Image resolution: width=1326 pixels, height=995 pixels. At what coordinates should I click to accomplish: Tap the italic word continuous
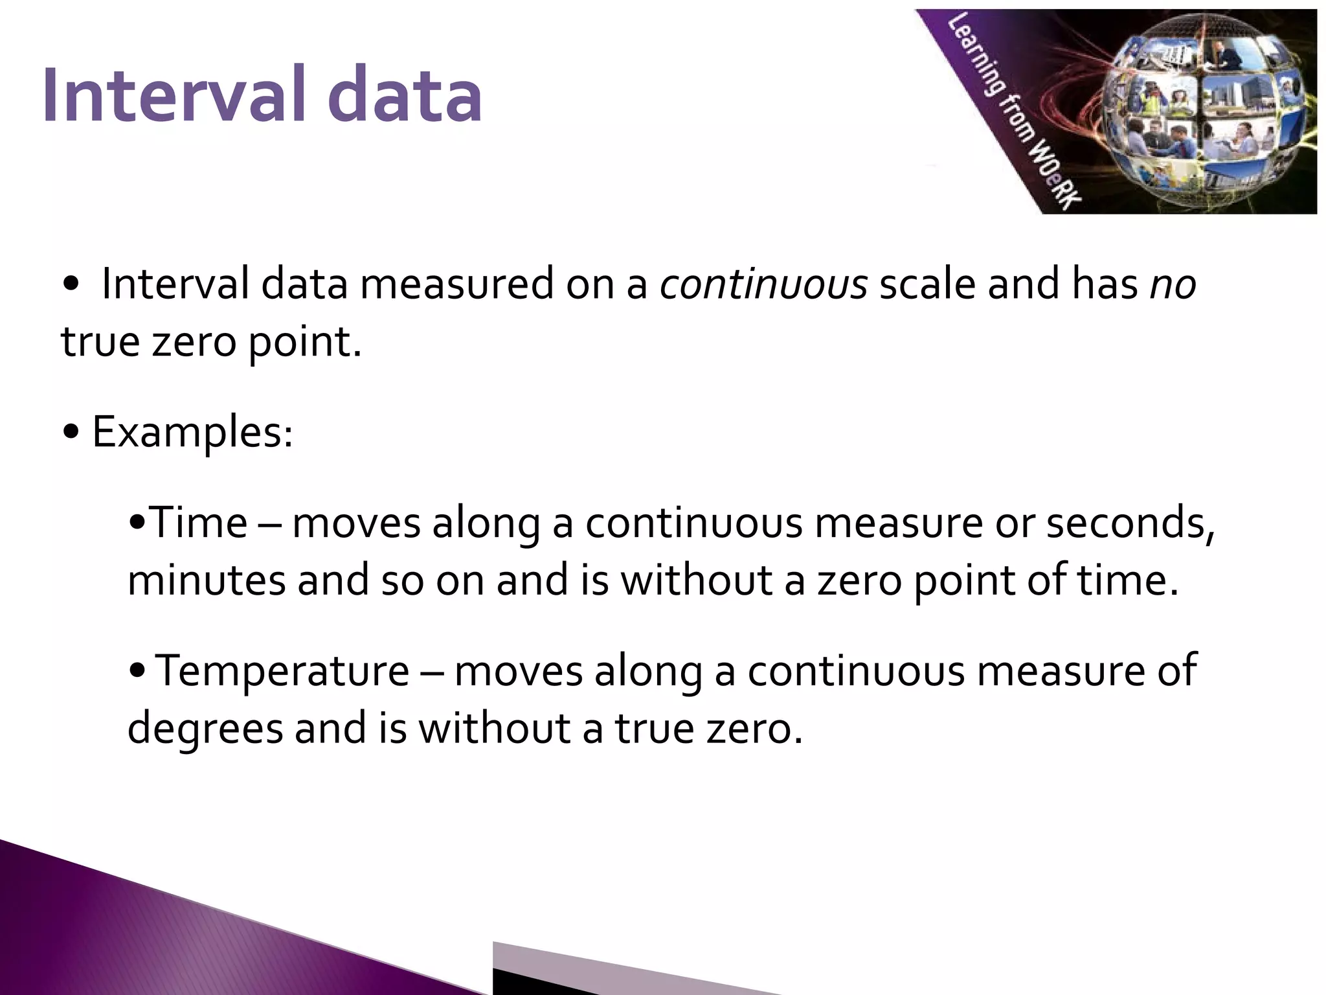(x=763, y=284)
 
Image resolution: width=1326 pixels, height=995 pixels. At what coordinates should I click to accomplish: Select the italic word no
(x=1173, y=286)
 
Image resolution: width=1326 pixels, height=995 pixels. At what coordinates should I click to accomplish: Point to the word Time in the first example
(x=198, y=523)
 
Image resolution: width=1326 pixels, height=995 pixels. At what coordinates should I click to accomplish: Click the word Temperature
(x=283, y=671)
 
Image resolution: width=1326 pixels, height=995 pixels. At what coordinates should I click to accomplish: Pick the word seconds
(x=1130, y=523)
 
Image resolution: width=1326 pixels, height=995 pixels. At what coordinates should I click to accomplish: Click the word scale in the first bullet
(x=927, y=284)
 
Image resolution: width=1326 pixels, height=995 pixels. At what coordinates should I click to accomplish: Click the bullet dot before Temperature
(x=137, y=672)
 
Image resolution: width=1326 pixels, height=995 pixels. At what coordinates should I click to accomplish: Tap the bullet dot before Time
(x=137, y=523)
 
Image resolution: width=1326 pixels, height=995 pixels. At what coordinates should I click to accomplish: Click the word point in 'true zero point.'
(x=304, y=343)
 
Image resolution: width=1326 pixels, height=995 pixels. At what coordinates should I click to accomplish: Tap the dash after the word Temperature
(x=432, y=672)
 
